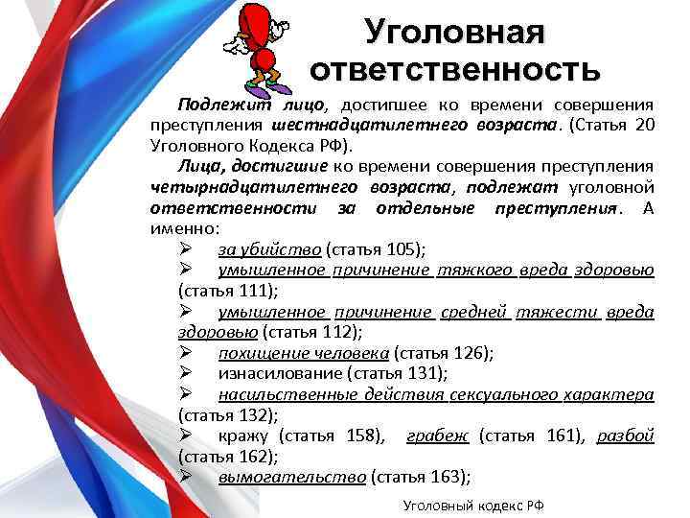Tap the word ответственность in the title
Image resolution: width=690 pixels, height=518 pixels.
tap(454, 70)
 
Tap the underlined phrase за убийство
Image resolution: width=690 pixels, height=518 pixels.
tap(269, 249)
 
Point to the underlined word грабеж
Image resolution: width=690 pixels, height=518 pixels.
tap(437, 436)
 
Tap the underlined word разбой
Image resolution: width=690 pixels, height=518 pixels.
tap(625, 436)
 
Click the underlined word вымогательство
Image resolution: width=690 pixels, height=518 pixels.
tap(291, 477)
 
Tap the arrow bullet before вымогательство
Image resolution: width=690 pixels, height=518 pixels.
tap(187, 477)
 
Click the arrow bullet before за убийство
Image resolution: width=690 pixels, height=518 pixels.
tap(187, 249)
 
